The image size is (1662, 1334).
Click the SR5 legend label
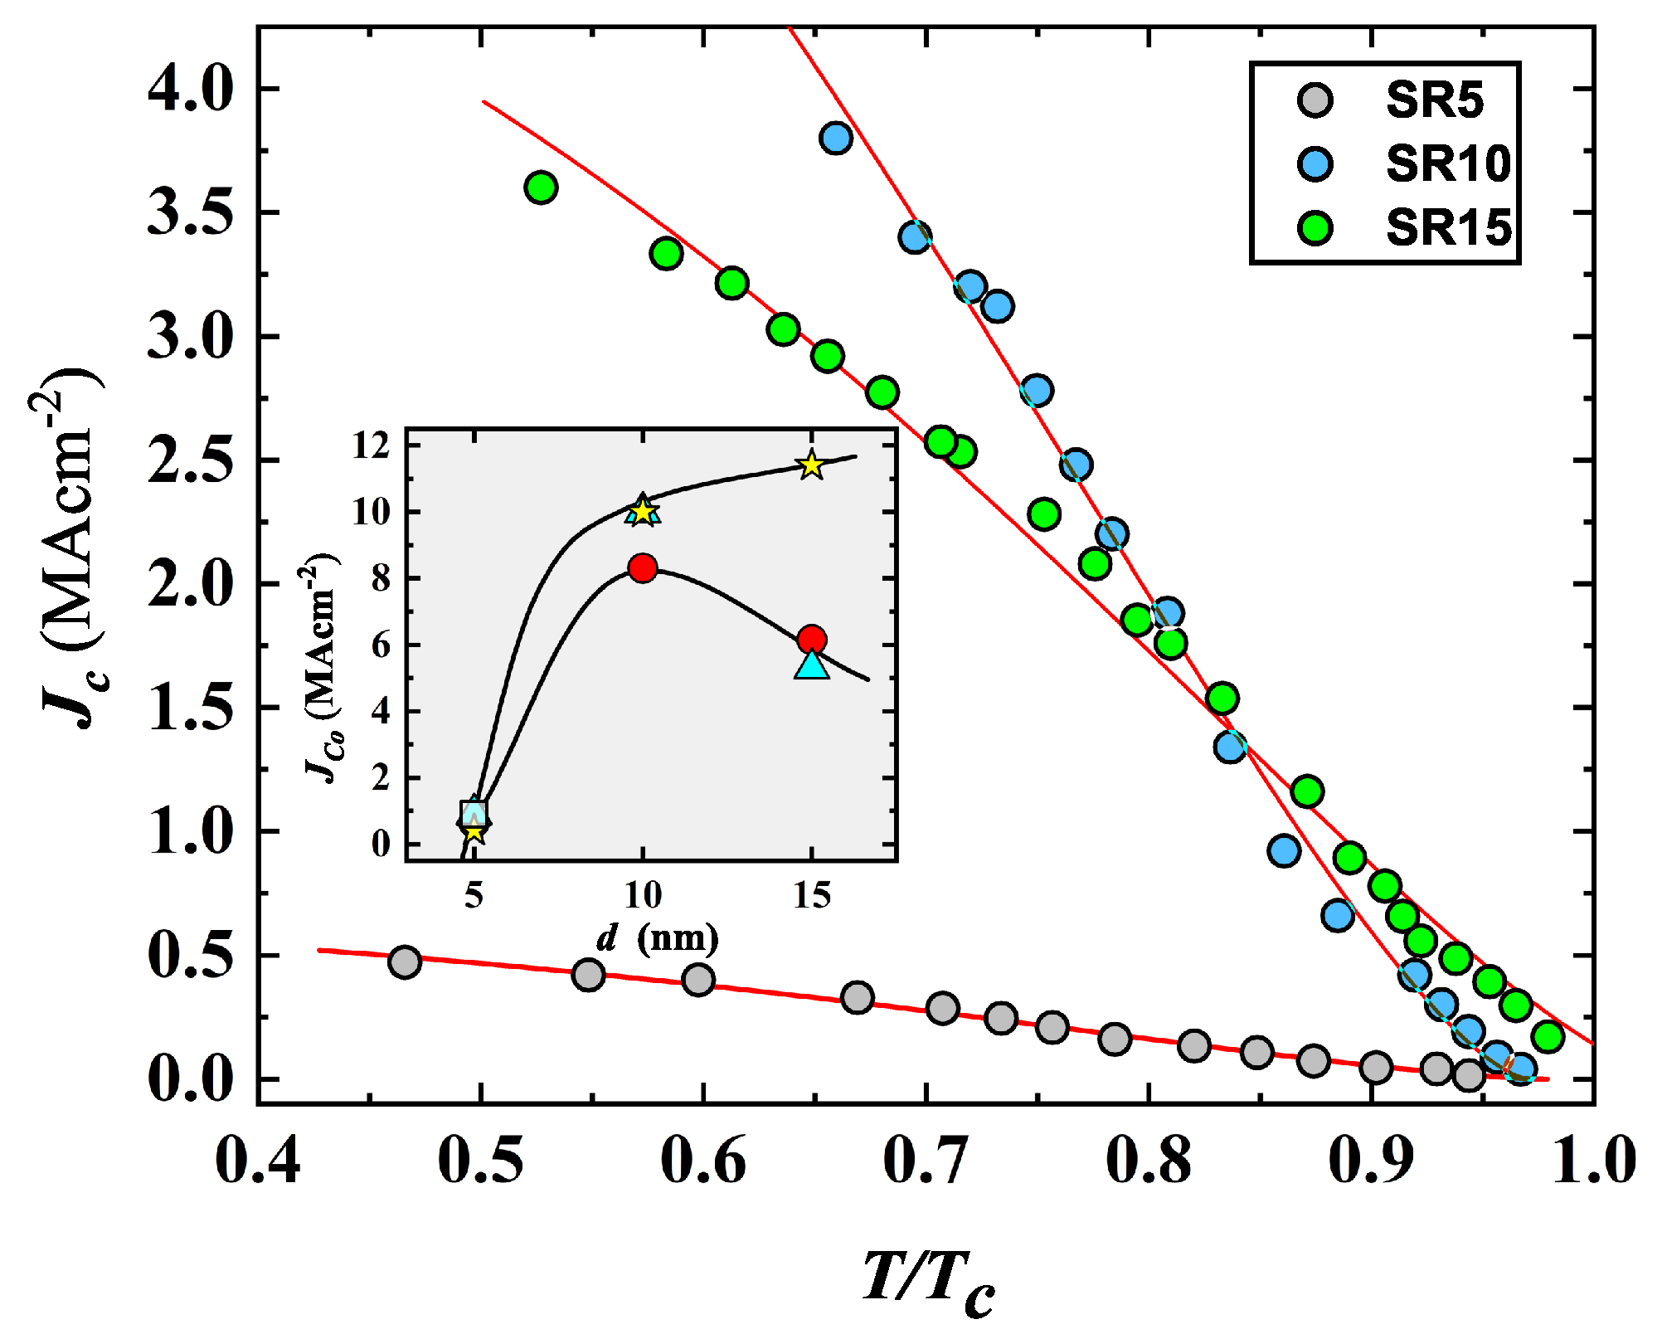(1434, 100)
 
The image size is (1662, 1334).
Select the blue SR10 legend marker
(1315, 164)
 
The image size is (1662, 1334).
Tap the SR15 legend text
(1448, 228)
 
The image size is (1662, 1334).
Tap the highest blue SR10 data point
(836, 138)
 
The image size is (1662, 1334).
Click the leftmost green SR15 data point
(541, 187)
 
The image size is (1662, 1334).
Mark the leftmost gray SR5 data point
(404, 962)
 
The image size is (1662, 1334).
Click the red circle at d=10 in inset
(643, 568)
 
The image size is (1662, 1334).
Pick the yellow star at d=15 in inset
(811, 465)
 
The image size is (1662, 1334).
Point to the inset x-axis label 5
(474, 894)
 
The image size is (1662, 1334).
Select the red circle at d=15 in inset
(812, 640)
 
